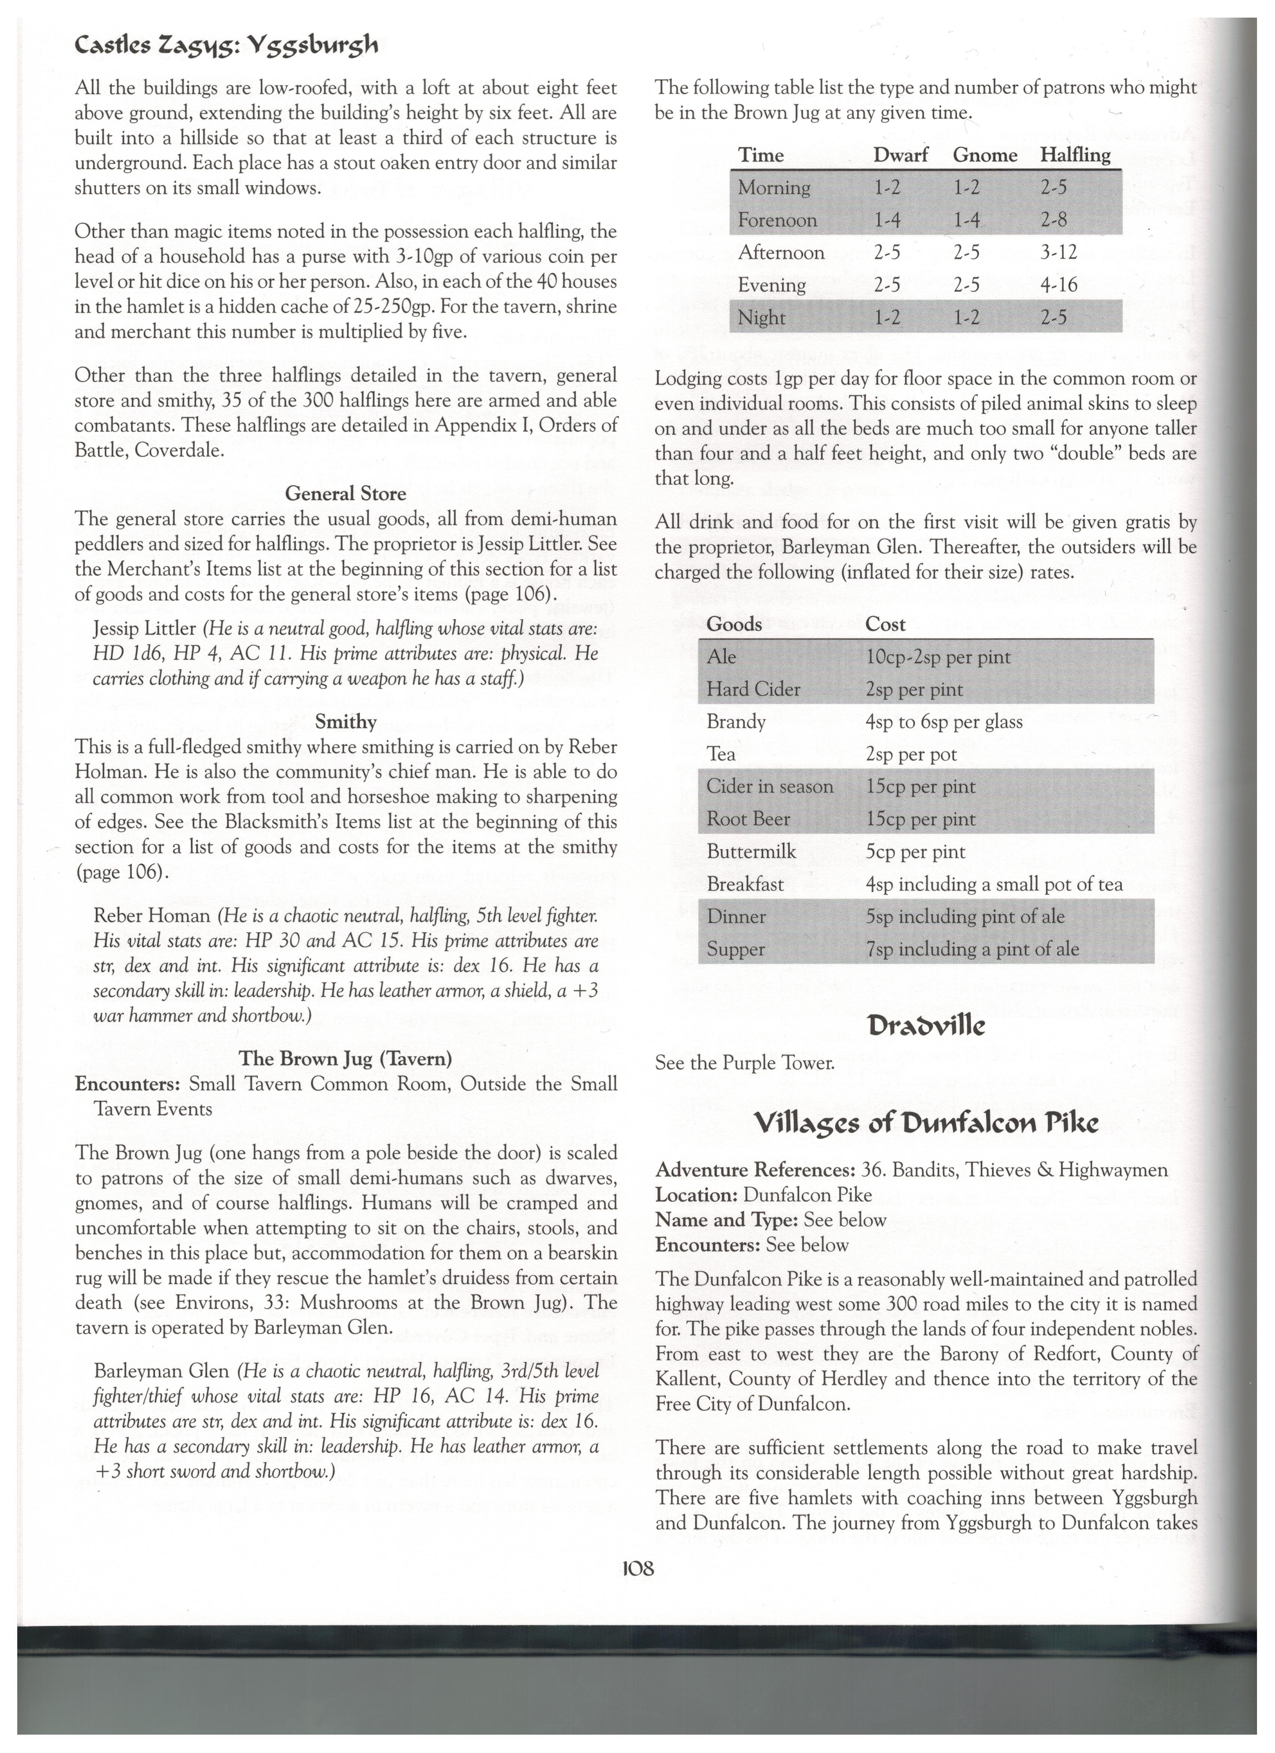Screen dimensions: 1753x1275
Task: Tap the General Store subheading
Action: [x=346, y=493]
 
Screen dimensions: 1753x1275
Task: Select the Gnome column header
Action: [x=985, y=155]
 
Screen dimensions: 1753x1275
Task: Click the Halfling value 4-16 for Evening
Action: [x=1059, y=285]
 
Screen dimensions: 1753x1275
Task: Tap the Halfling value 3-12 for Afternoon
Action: [x=1059, y=253]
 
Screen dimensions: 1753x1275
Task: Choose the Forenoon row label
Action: [x=777, y=220]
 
